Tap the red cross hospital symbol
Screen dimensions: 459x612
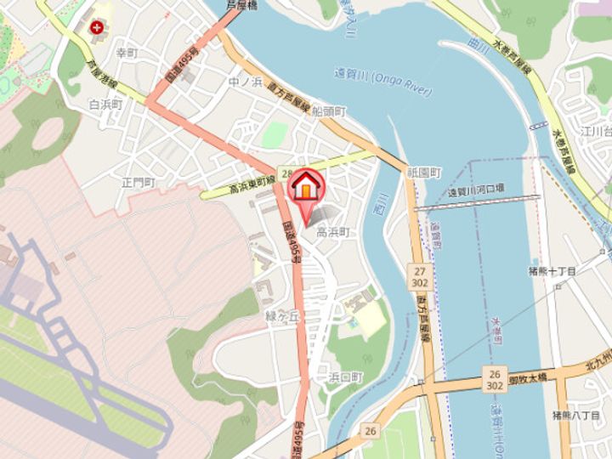99,26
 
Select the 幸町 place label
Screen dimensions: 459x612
127,53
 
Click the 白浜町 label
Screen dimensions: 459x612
106,104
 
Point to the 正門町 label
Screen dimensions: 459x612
137,182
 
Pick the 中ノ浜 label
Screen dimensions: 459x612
244,82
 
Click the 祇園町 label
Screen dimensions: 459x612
424,172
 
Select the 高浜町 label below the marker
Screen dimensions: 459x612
333,231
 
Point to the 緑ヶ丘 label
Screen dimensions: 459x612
283,315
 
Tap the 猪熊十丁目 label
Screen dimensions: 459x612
552,271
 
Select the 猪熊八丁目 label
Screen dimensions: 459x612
576,415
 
